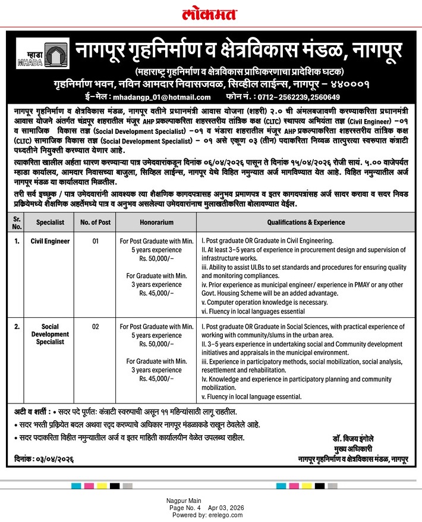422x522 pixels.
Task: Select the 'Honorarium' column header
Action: point(157,223)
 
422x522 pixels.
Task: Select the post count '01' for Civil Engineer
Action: point(95,242)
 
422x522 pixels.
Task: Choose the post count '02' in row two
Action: point(95,327)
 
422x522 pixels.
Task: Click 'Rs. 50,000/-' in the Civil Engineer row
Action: point(157,260)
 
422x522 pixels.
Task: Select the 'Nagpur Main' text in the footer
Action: point(184,501)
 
